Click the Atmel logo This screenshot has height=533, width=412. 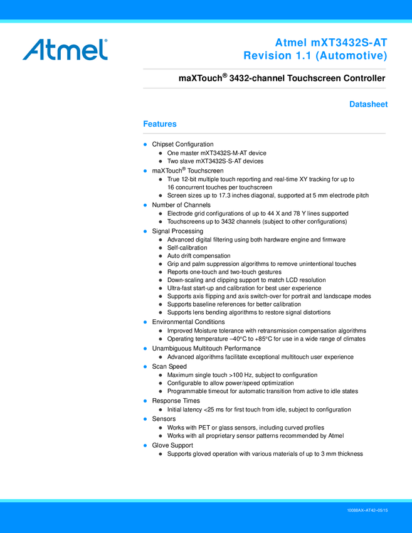click(65, 49)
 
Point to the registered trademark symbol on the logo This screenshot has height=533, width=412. click(106, 40)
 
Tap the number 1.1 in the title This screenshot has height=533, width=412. click(304, 56)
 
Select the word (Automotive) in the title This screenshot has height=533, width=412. click(351, 56)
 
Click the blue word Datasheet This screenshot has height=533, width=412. click(369, 105)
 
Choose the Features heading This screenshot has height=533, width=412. click(160, 124)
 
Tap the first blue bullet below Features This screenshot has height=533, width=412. click(145, 145)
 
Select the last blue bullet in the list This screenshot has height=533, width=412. click(145, 445)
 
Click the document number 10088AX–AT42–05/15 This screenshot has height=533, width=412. click(367, 511)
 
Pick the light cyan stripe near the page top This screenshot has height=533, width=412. click(206, 22)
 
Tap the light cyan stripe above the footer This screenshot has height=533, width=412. click(206, 500)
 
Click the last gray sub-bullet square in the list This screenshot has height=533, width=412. click(161, 454)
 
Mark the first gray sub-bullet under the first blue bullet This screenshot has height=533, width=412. click(161, 153)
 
